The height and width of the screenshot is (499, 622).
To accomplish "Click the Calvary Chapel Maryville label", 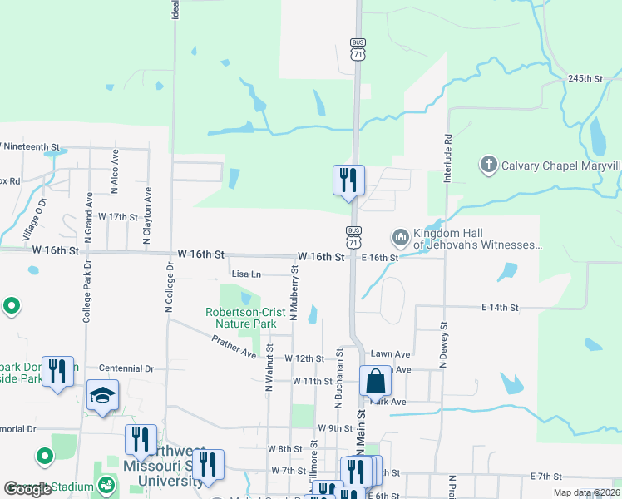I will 561,165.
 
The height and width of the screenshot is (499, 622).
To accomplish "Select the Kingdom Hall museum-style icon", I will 401,239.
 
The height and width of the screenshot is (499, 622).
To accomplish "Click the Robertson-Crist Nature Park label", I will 240,318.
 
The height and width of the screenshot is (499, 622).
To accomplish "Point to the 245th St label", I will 585,78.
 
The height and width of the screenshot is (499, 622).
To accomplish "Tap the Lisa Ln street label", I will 246,274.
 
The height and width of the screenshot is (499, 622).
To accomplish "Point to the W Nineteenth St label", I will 30,146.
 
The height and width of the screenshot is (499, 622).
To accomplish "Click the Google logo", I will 27,488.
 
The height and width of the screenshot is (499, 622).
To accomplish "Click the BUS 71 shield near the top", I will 358,50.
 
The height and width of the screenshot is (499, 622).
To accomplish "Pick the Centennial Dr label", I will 126,368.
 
